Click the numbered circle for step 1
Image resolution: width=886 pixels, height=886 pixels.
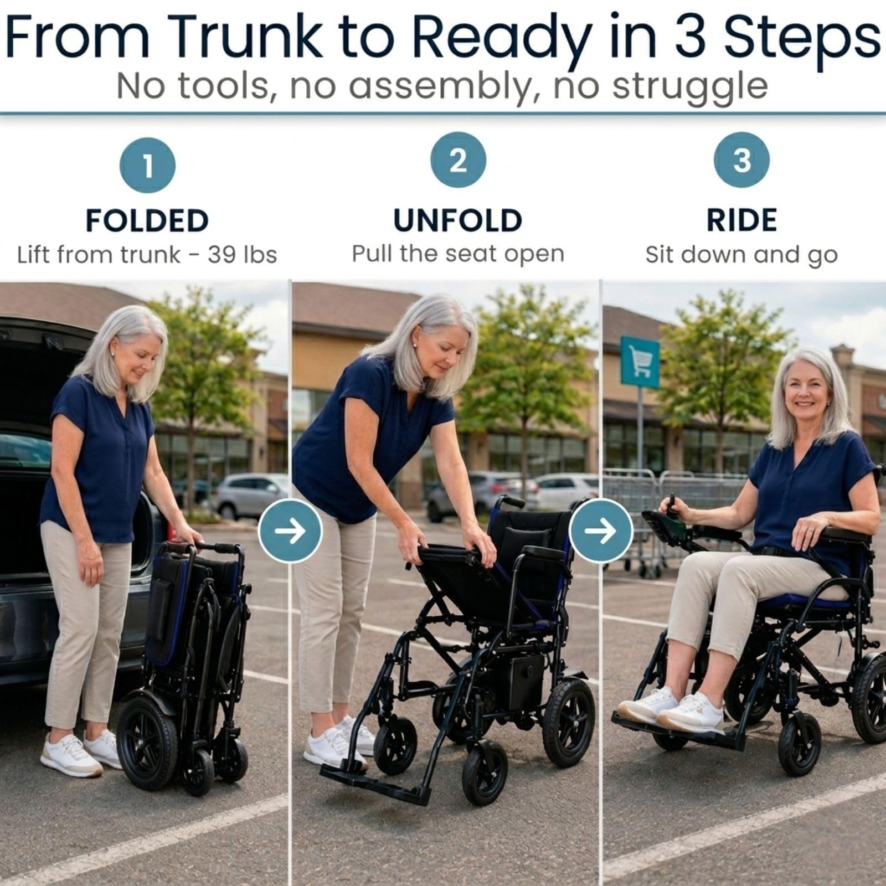[x=147, y=165]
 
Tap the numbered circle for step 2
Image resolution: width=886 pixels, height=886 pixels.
[x=458, y=160]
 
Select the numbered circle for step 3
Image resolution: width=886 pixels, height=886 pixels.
[x=741, y=160]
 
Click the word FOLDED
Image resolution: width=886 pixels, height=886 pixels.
[x=147, y=220]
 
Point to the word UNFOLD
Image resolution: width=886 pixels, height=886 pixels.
[x=458, y=220]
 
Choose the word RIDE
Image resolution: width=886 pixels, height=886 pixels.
[x=741, y=220]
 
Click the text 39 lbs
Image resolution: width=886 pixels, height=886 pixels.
[x=242, y=255]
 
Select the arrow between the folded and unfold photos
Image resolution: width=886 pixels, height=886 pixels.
[x=290, y=531]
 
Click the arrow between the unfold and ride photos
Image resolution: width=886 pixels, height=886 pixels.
[x=601, y=531]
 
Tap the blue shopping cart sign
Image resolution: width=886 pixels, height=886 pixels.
[x=640, y=363]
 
